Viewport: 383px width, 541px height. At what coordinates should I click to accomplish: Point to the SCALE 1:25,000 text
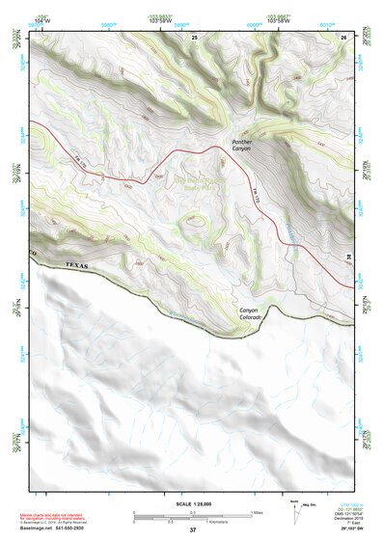[x=191, y=503]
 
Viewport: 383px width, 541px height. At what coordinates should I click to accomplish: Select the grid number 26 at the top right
[x=343, y=36]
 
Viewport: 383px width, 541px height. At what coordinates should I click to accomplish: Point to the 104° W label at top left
[x=41, y=19]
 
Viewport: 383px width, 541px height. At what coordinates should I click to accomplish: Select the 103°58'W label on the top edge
[x=280, y=19]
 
